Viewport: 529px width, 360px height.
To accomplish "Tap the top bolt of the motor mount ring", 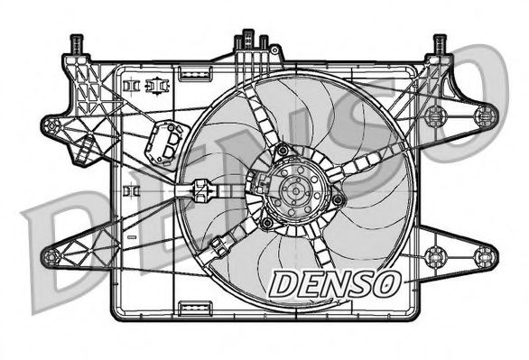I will [283, 150].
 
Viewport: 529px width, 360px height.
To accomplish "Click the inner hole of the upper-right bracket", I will [434, 115].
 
